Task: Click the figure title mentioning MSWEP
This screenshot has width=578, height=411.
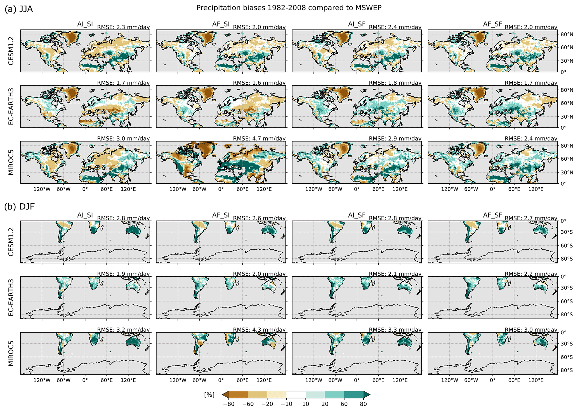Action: click(x=289, y=8)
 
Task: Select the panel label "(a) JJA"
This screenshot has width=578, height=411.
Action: click(x=19, y=9)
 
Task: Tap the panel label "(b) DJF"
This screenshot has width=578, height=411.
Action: click(x=19, y=207)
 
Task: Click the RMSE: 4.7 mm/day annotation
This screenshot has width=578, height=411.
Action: click(x=259, y=139)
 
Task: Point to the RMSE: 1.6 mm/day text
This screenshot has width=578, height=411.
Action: click(x=259, y=83)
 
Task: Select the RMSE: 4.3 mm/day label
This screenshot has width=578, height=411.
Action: click(x=259, y=330)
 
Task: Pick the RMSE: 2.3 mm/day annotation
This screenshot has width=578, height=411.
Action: click(x=123, y=27)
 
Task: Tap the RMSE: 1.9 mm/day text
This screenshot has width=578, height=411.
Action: click(x=123, y=274)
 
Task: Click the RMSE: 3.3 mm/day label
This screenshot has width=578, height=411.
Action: click(x=395, y=330)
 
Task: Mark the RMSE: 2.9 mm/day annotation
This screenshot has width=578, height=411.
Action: click(x=395, y=139)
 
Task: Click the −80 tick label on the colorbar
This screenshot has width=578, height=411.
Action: click(x=228, y=404)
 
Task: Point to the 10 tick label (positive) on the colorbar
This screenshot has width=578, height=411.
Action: click(x=306, y=404)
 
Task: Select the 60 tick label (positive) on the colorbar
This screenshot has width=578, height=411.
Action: click(x=344, y=404)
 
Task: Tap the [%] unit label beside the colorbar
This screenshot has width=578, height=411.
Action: click(x=209, y=395)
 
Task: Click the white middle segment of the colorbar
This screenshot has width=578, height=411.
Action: click(x=296, y=395)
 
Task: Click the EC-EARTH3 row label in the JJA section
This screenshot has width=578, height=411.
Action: click(x=11, y=106)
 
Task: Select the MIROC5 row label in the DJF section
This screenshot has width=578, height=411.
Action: click(x=11, y=353)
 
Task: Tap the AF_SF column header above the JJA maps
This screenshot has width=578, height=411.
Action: click(x=492, y=24)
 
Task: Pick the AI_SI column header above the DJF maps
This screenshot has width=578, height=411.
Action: click(x=85, y=215)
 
